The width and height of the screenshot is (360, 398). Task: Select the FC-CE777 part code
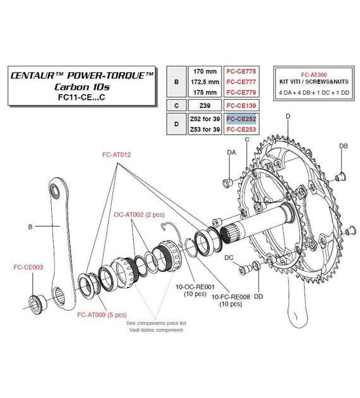pyautogui.click(x=240, y=82)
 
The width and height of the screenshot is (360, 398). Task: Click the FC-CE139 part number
pyautogui.click(x=240, y=106)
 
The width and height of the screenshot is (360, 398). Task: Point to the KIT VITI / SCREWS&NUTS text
pyautogui.click(x=304, y=83)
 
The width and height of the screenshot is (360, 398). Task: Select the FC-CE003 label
pyautogui.click(x=28, y=267)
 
